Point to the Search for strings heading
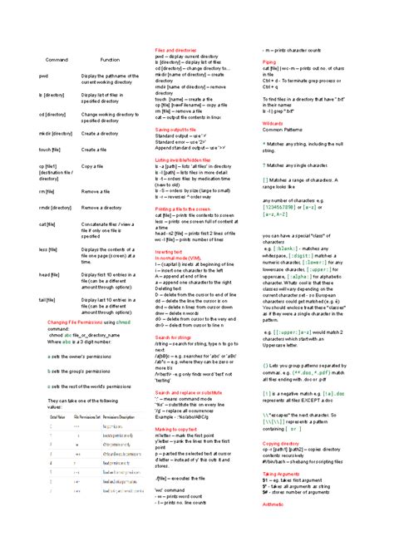point(174,337)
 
